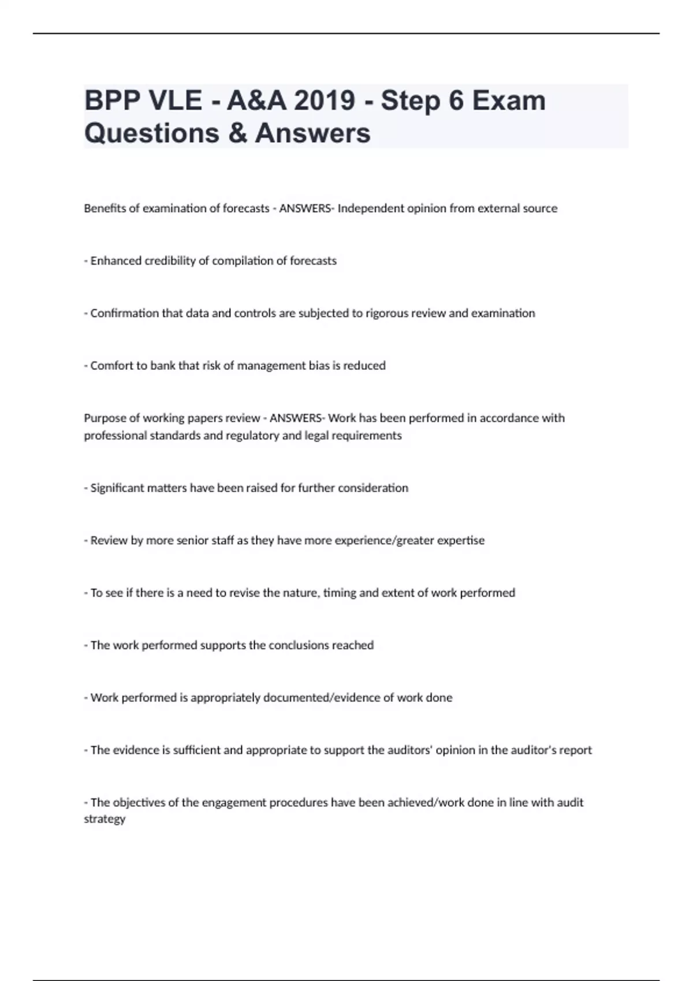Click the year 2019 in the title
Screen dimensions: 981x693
pos(324,100)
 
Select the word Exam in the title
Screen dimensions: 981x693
pos(509,100)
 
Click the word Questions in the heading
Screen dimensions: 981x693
pos(152,133)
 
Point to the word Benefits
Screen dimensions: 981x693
pos(105,208)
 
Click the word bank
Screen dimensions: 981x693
pos(163,366)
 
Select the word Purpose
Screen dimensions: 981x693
pos(103,418)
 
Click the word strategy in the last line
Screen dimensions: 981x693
pos(105,819)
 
